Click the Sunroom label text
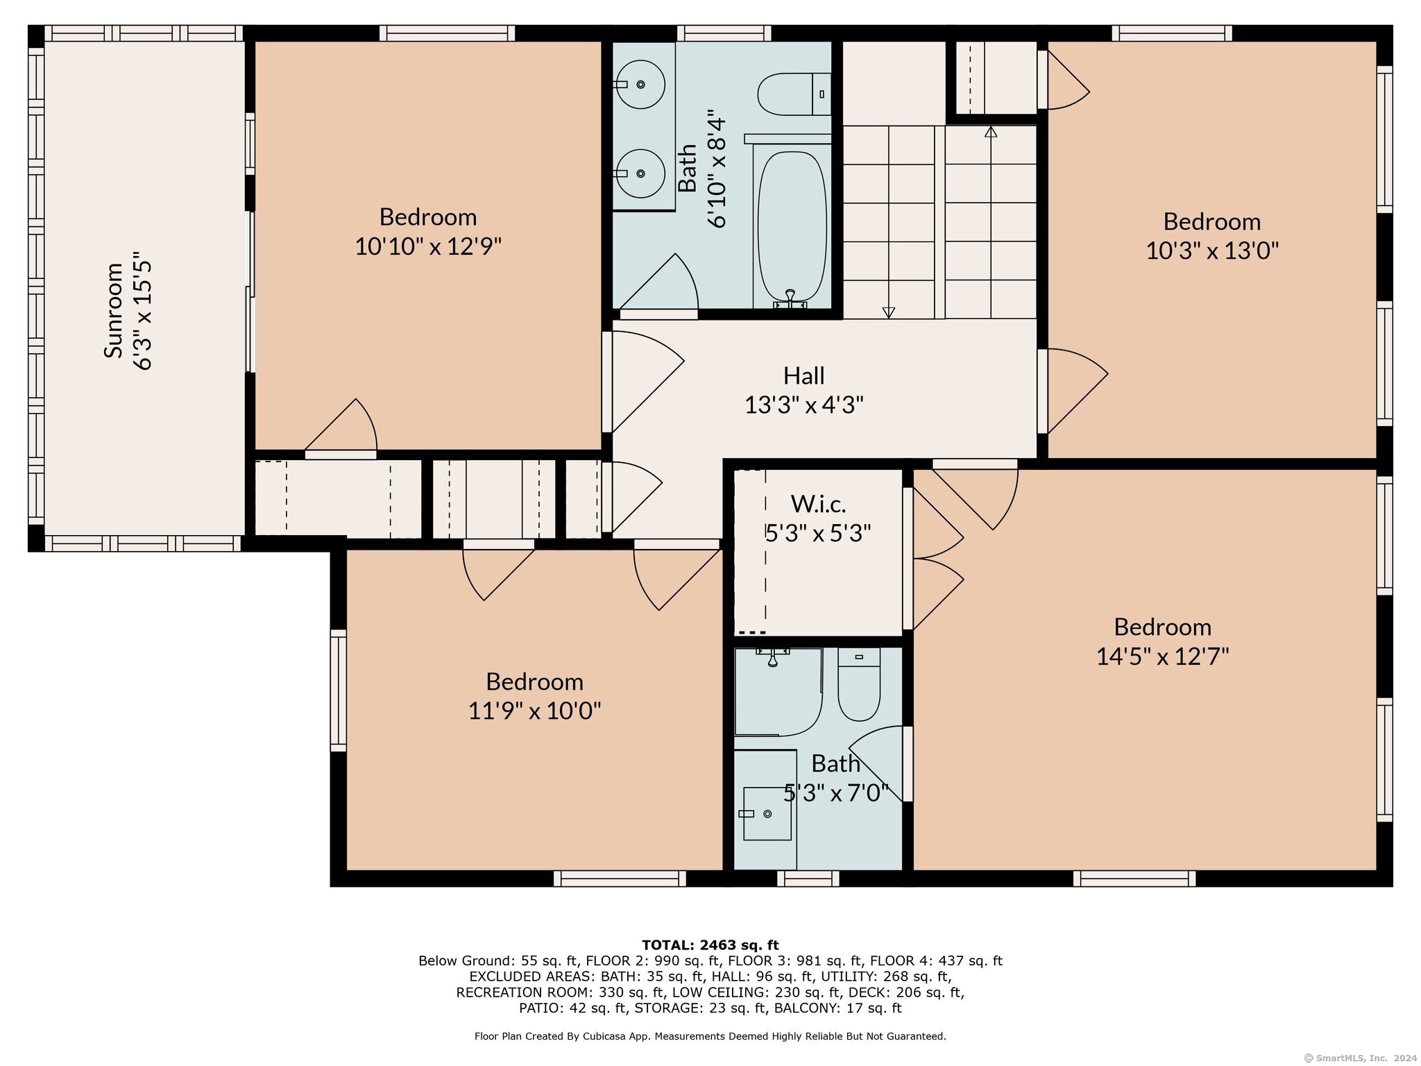[x=113, y=310]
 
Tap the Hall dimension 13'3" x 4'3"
[x=804, y=404]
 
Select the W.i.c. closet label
[x=819, y=503]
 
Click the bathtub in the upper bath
[x=792, y=228]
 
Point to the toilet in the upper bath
[x=794, y=94]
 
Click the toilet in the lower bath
[x=859, y=684]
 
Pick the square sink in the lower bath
[x=767, y=813]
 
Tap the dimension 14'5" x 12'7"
[x=1162, y=656]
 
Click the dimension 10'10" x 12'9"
[x=428, y=246]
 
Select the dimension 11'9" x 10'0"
[x=534, y=711]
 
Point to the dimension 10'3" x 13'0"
[x=1211, y=250]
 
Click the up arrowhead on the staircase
[x=991, y=131]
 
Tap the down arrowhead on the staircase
[x=889, y=313]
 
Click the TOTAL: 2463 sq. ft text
[x=710, y=945]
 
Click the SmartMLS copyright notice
[x=1356, y=1058]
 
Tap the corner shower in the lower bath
[x=778, y=692]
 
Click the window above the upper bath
[x=724, y=33]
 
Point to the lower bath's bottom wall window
[x=808, y=879]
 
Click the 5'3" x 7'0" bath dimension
[x=836, y=793]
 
